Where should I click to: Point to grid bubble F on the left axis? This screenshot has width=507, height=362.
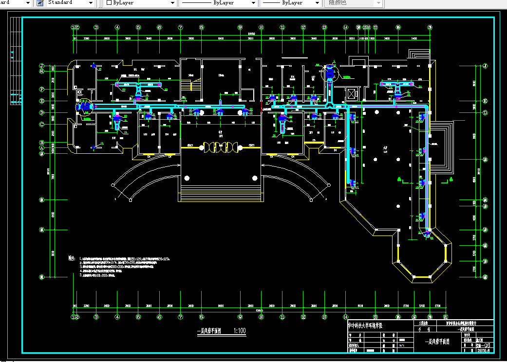point(42,90)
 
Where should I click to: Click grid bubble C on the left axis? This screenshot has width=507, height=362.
point(42,124)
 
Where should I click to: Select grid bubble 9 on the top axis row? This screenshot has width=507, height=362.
point(240,27)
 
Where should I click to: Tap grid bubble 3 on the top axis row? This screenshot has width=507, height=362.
point(96,27)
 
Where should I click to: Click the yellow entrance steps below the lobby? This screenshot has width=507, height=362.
point(221,189)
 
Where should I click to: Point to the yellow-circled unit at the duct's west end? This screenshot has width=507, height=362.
point(84,106)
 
